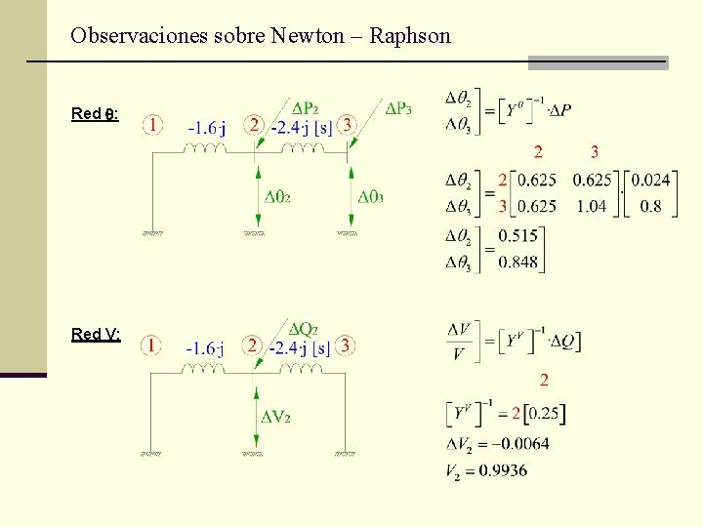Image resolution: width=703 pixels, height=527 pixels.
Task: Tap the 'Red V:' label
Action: (x=96, y=334)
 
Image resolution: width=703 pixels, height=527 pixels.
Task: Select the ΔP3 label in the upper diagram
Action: (x=398, y=108)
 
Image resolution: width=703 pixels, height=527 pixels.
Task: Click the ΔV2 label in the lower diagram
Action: (x=276, y=418)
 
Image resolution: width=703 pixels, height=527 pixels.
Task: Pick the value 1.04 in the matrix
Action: (x=592, y=206)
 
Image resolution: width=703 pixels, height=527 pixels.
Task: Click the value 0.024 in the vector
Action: (x=651, y=180)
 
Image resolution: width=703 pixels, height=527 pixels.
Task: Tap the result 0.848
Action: (x=517, y=261)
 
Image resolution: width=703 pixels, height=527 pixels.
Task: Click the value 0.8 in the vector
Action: (x=652, y=206)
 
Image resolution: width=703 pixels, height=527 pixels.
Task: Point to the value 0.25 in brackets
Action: (x=544, y=414)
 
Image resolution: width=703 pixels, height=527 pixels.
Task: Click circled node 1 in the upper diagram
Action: (x=152, y=125)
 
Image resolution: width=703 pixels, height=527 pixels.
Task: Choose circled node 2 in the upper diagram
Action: (x=254, y=125)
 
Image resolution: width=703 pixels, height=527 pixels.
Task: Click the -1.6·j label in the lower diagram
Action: (x=207, y=348)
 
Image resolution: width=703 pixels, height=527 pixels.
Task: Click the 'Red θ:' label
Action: (x=95, y=113)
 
